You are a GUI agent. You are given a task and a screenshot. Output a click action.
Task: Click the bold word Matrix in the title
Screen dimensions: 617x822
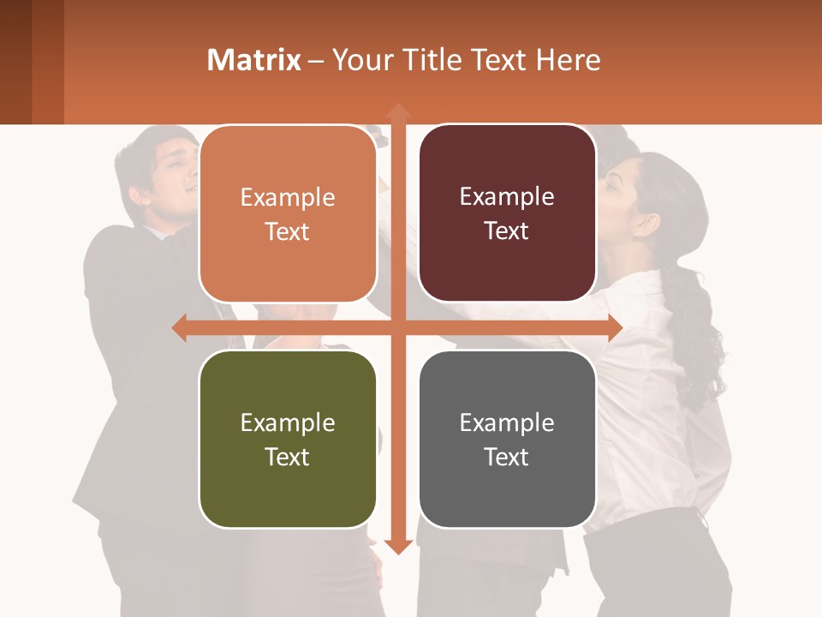(x=253, y=60)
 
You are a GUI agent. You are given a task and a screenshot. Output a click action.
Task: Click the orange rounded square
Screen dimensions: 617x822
(x=288, y=213)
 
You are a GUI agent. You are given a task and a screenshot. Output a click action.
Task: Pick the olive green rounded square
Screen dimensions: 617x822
(x=288, y=439)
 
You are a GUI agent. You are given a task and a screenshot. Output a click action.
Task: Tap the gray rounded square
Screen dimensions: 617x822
(x=507, y=439)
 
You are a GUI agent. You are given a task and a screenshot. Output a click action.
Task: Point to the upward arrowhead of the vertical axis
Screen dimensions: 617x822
(x=397, y=111)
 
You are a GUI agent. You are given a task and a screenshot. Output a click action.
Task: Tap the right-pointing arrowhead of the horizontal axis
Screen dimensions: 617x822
(x=614, y=328)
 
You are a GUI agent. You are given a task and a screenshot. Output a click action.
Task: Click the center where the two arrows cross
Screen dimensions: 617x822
(x=397, y=328)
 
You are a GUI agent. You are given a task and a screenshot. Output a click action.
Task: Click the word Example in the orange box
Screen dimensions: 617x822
(x=288, y=198)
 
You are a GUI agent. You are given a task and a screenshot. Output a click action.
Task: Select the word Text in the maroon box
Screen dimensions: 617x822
(x=507, y=231)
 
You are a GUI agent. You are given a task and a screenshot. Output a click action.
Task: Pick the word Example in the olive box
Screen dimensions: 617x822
(x=288, y=423)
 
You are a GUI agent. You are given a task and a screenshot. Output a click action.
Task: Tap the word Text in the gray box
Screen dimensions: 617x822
(x=507, y=457)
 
